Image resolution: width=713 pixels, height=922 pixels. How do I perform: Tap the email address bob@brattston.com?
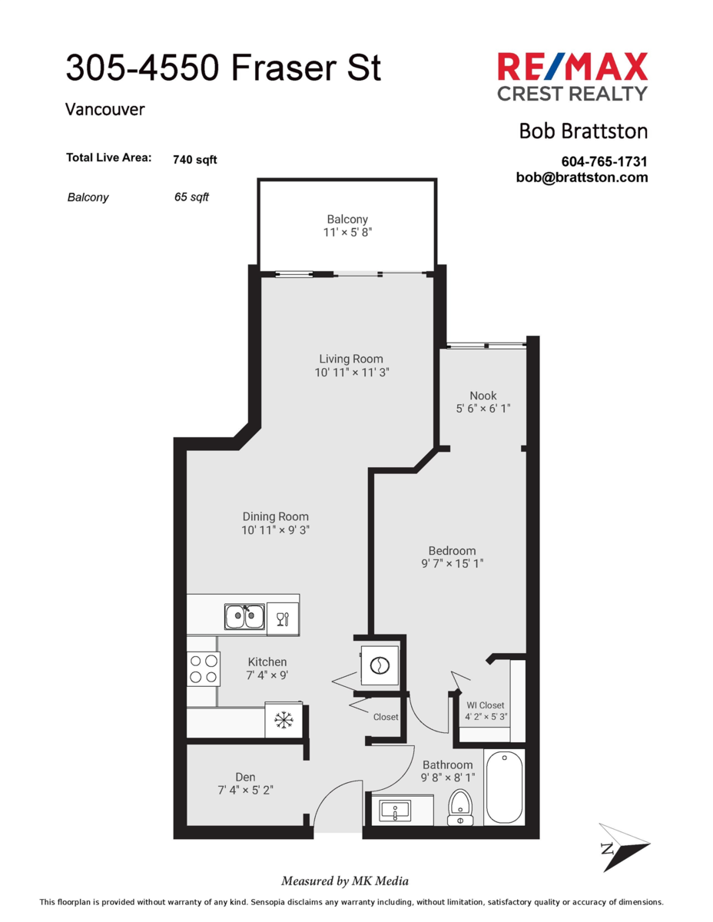tap(582, 177)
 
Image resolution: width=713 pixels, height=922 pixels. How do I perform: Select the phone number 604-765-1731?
tap(605, 162)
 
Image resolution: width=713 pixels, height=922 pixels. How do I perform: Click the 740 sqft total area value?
tap(195, 160)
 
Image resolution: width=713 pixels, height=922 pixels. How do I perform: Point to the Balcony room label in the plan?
tap(347, 219)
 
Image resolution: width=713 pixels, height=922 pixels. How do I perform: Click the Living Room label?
tap(351, 359)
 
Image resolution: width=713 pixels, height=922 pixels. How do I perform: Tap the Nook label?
tap(483, 396)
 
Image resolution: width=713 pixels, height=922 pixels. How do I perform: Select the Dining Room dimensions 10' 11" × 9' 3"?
tap(276, 530)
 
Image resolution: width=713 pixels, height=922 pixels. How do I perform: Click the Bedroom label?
tap(452, 550)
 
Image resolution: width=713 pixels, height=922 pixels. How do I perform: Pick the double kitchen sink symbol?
tap(245, 616)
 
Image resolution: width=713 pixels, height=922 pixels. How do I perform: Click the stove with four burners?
tap(203, 668)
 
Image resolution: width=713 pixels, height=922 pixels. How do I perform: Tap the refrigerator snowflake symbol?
tap(284, 720)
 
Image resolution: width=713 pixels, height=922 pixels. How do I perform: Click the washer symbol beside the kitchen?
tap(380, 665)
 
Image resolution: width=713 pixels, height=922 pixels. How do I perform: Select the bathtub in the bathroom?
tap(505, 788)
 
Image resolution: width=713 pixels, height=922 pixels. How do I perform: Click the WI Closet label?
tap(486, 705)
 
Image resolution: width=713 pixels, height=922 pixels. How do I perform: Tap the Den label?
tap(245, 777)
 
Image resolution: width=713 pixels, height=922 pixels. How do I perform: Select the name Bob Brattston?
tap(583, 131)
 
